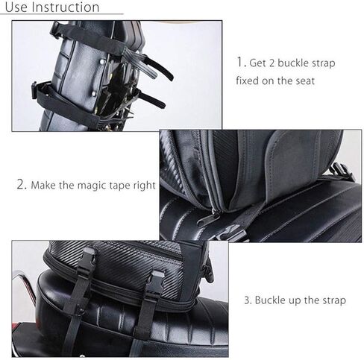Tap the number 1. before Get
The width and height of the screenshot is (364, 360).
click(x=241, y=63)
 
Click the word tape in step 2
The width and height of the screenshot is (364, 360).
click(x=114, y=184)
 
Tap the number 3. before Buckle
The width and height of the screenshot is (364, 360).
click(x=247, y=300)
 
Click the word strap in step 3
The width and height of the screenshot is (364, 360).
click(x=330, y=300)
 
